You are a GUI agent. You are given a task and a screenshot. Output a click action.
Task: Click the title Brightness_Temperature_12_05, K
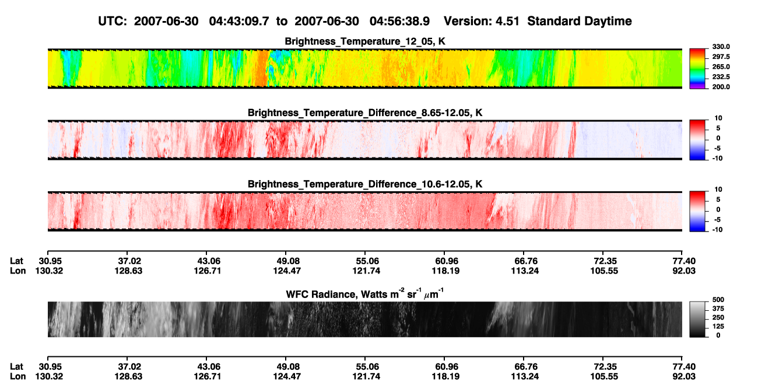point(365,41)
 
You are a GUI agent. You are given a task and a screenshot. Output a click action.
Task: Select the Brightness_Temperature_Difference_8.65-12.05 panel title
point(365,113)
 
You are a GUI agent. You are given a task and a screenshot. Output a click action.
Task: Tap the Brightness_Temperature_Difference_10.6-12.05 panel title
point(365,184)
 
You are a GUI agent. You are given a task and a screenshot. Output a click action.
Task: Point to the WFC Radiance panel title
point(365,294)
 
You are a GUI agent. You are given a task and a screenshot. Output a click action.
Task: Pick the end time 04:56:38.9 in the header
point(399,22)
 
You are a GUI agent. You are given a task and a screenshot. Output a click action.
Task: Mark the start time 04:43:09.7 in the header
point(239,22)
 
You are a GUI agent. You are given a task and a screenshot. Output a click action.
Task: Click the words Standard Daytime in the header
point(580,22)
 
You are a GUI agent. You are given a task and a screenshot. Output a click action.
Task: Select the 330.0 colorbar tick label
point(721,47)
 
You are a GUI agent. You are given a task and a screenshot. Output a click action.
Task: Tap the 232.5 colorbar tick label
point(721,77)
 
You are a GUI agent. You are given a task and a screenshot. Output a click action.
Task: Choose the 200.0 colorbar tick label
point(721,87)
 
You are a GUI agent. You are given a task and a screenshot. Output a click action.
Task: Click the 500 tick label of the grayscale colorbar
point(718,300)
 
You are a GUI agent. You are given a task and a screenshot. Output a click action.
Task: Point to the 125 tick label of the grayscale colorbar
point(718,327)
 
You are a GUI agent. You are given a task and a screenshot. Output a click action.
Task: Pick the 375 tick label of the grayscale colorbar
point(718,309)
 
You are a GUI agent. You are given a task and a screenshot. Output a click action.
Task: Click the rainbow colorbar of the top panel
point(697,69)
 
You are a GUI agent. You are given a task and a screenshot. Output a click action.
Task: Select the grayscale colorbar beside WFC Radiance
point(697,319)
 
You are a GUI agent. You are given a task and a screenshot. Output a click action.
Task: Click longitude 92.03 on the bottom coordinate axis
point(684,377)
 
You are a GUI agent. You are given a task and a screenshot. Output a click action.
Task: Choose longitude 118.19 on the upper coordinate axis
point(445,271)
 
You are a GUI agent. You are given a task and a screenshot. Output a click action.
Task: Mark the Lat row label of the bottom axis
point(16,367)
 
